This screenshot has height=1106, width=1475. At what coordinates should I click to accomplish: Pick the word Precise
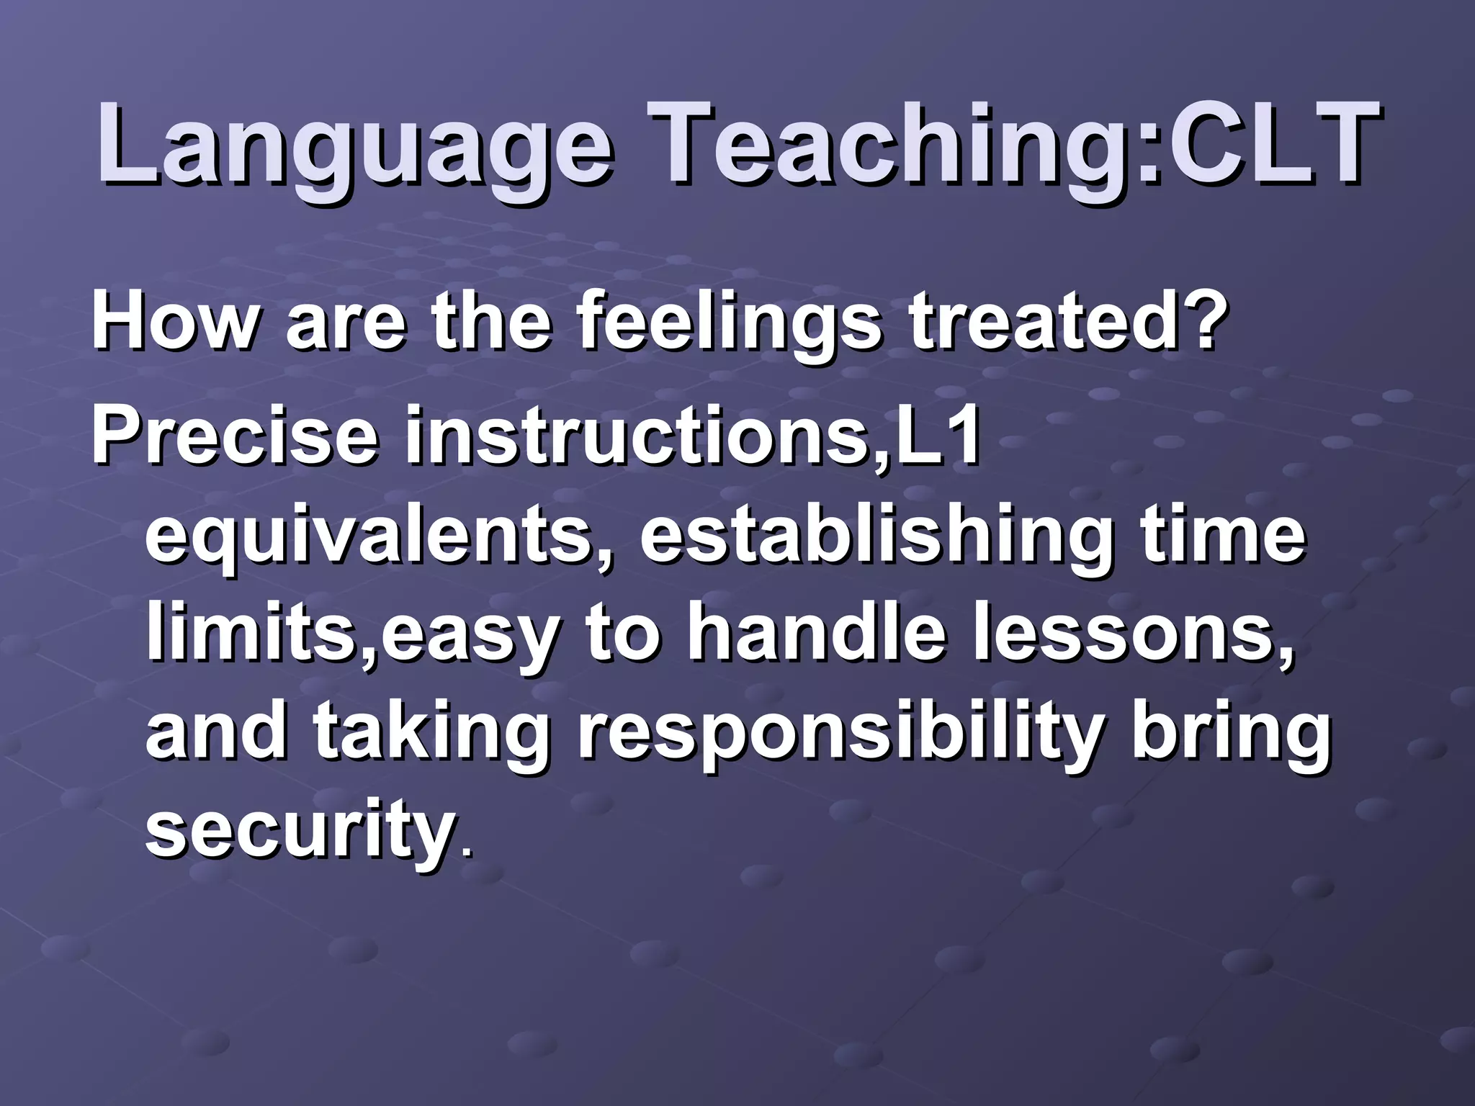[x=234, y=436]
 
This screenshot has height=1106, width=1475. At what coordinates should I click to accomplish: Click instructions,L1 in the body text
[x=691, y=436]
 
